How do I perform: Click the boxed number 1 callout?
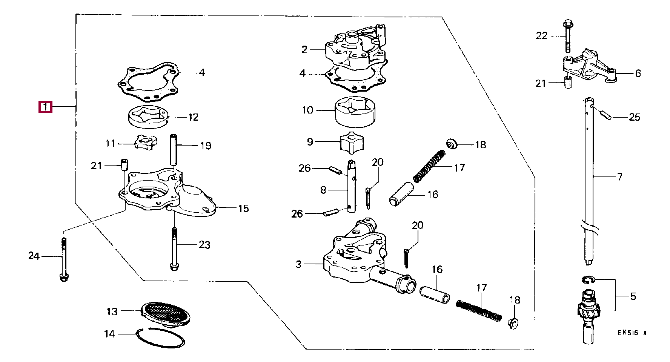point(45,107)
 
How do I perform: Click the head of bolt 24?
point(64,278)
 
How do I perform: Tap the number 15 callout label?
point(244,209)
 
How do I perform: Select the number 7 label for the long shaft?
point(619,176)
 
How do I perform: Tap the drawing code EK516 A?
point(632,333)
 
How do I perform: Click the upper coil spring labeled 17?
point(429,166)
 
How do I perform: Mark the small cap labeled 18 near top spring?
point(452,144)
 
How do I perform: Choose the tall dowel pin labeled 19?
point(174,149)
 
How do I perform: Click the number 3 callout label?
point(298,264)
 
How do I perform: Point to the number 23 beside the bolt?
point(204,245)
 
